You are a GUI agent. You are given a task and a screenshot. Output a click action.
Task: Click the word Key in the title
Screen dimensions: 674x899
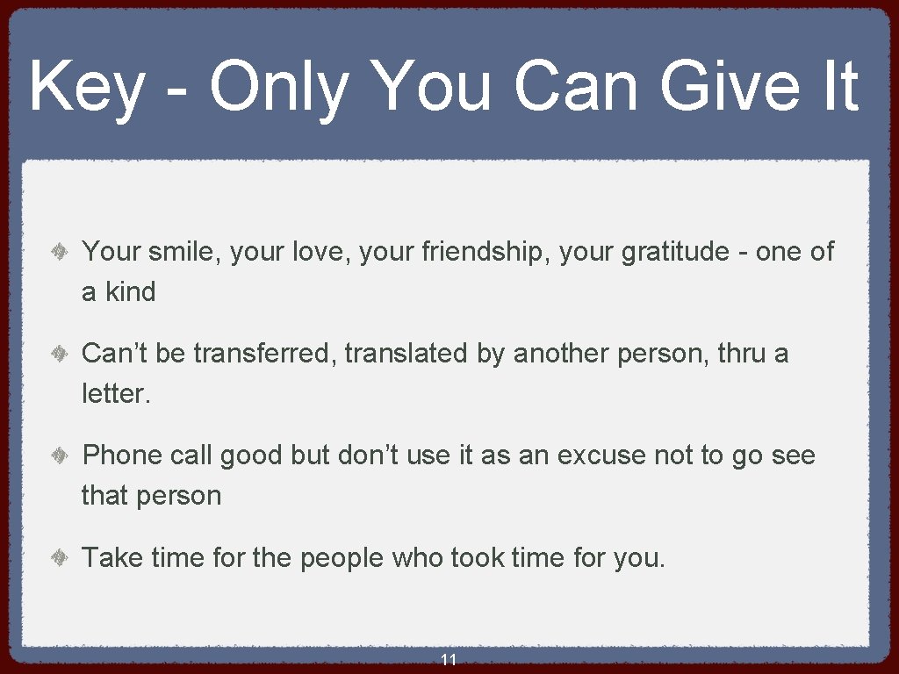click(x=85, y=88)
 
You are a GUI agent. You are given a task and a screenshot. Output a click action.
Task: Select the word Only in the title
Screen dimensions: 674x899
click(x=277, y=88)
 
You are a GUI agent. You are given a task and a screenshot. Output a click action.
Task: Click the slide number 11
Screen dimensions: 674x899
click(x=449, y=660)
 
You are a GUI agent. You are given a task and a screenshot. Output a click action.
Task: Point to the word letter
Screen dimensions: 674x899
click(x=114, y=394)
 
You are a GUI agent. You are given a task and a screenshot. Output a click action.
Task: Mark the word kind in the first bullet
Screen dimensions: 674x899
click(x=130, y=292)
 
